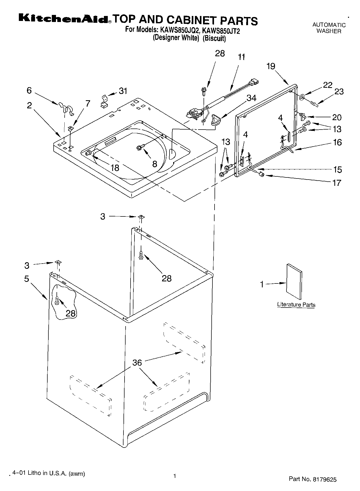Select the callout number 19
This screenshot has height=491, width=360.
pos(271,66)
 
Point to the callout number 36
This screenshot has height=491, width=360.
pos(137,362)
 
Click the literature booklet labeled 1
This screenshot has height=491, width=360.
pos(294,281)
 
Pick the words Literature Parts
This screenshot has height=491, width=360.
pos(296,305)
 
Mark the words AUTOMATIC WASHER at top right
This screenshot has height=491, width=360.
pos(329,28)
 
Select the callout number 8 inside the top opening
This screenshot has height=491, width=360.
pos(155,164)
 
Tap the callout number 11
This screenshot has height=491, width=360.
pos(241,57)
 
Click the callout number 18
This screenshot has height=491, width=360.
pos(115,168)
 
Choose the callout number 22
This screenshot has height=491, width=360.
pos(328,85)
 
